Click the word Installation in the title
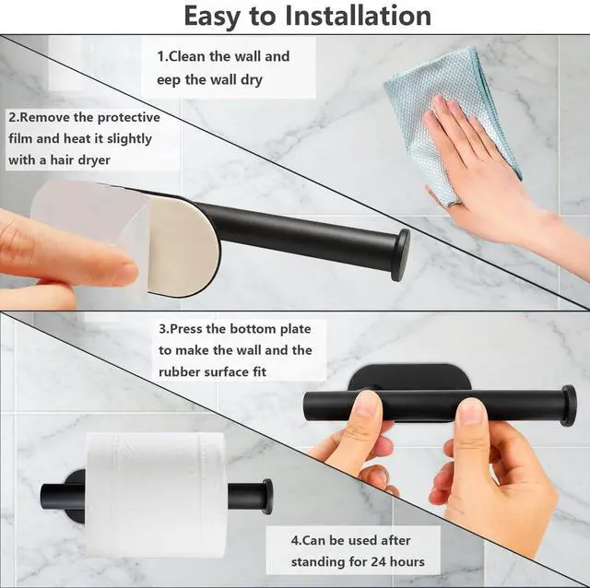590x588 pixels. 358,16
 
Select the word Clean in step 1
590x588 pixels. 186,56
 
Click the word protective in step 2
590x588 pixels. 129,118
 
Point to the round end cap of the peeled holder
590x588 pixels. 400,255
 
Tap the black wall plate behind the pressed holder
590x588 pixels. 408,377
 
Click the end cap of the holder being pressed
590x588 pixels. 569,406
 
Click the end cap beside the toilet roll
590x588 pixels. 267,497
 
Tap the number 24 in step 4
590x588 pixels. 378,562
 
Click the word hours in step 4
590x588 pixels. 407,561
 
